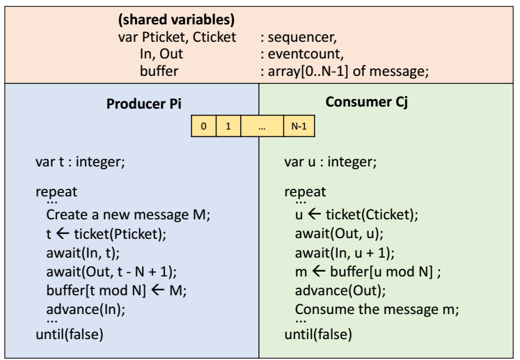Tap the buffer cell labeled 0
click(203, 128)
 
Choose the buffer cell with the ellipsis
click(261, 128)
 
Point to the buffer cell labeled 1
click(228, 128)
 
